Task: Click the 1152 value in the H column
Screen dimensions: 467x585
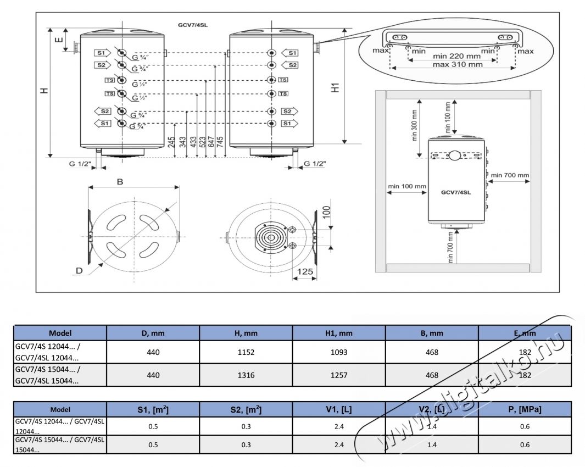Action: [246, 352]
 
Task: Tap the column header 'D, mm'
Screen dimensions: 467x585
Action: [153, 333]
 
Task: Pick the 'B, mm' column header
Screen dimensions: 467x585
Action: [432, 333]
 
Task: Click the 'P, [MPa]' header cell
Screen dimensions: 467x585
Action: [524, 409]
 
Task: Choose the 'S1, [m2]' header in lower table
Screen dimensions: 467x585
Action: [153, 409]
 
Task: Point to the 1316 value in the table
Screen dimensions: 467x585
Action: [246, 375]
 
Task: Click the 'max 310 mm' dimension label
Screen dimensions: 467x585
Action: [458, 64]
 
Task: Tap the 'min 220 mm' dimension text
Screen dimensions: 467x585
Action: [456, 55]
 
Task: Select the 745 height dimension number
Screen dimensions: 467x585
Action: [220, 146]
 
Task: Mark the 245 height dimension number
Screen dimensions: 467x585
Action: [172, 146]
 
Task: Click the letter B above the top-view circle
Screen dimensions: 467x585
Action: [120, 182]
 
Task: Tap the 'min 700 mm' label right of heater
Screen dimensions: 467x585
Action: [510, 176]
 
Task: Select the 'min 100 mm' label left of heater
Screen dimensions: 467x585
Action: [407, 186]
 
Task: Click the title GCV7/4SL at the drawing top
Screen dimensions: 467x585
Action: [193, 25]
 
